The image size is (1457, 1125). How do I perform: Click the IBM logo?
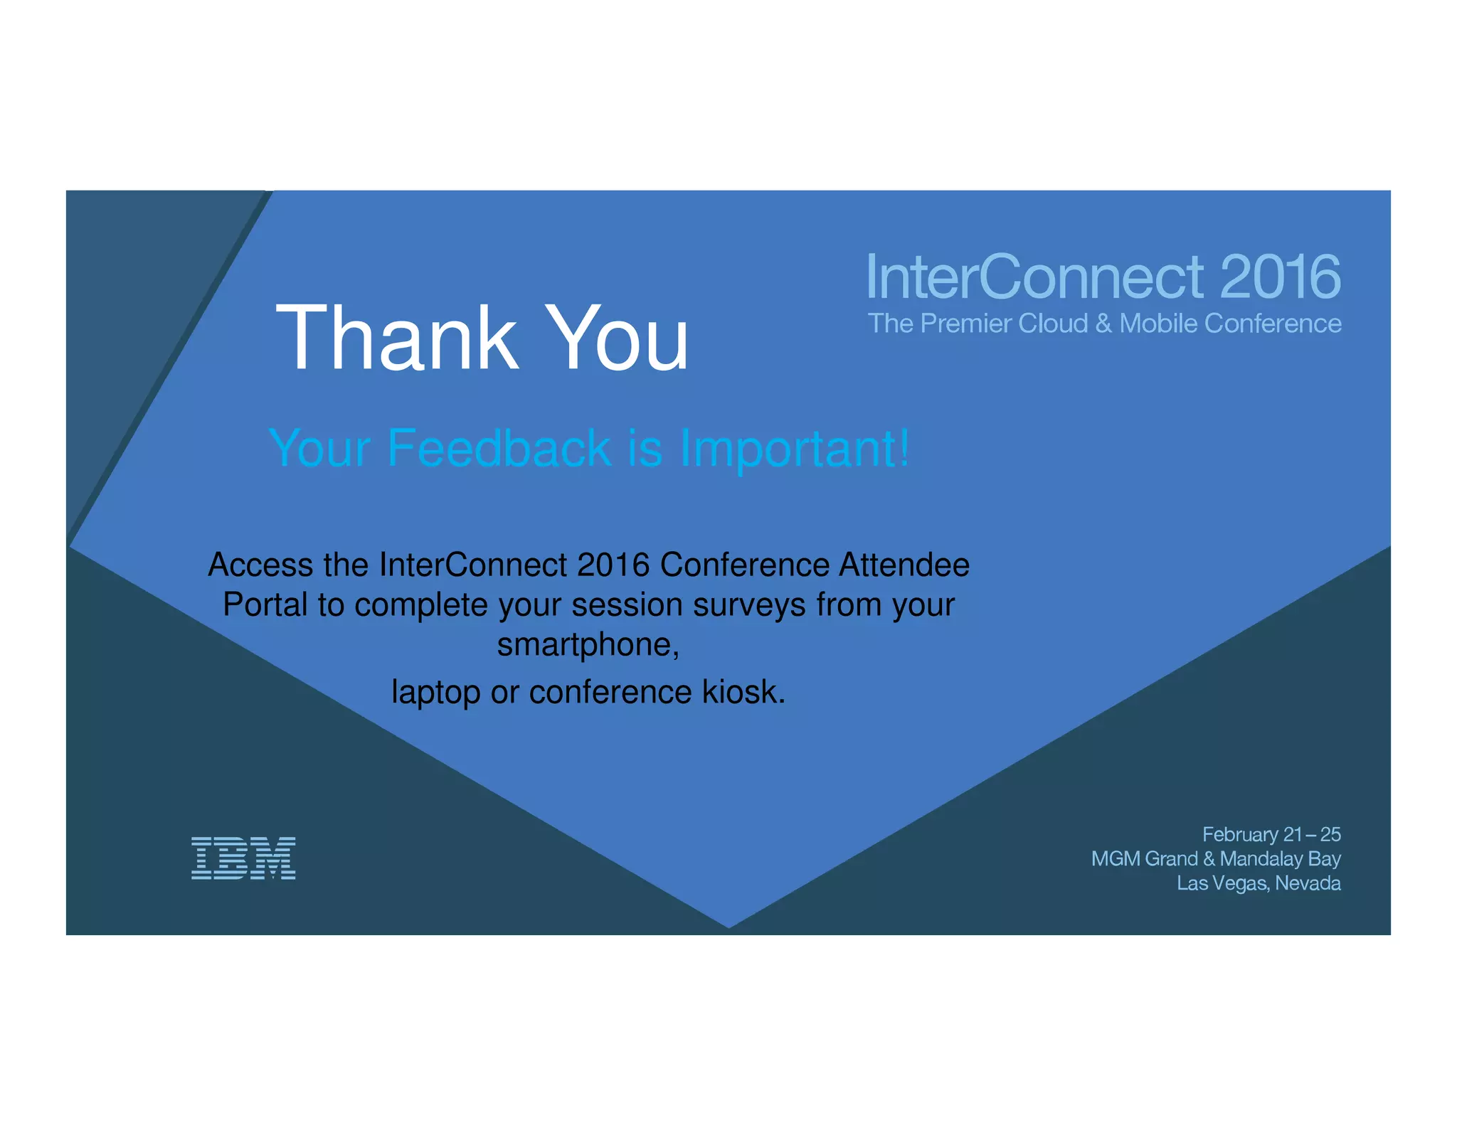243,858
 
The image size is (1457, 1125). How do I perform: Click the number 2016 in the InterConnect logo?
1280,277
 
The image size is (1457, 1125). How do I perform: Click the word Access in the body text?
260,565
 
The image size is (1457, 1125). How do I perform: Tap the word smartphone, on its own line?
588,645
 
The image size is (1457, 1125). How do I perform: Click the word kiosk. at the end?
744,692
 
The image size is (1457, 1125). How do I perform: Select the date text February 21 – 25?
1271,834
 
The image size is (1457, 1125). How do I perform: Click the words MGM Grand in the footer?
1144,859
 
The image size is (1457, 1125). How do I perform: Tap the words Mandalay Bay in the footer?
1280,859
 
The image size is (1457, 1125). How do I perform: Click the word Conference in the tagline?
1273,324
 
